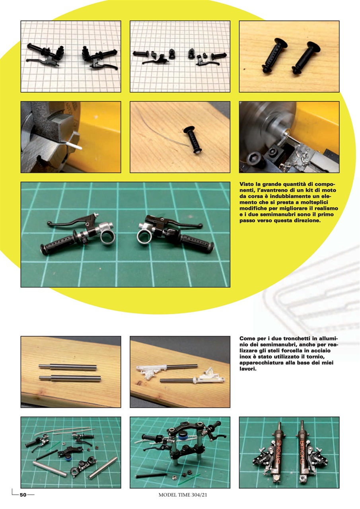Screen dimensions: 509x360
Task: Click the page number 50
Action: click(x=23, y=495)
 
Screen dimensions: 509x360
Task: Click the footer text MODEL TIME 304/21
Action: click(x=183, y=495)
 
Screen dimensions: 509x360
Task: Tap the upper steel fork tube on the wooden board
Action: click(x=67, y=368)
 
